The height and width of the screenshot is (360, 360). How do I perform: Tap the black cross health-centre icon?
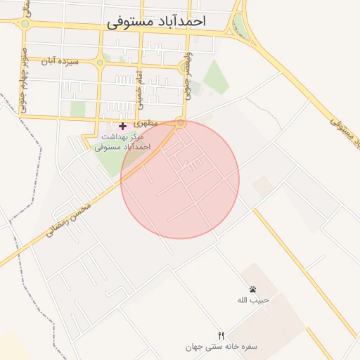(122, 126)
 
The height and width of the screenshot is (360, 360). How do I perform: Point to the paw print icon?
(252, 289)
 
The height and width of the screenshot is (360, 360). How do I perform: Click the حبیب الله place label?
(251, 300)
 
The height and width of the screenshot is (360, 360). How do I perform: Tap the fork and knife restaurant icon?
(221, 335)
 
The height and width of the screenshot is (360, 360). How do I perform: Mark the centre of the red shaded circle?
(180, 179)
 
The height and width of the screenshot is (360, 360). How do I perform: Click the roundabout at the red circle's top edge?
(181, 123)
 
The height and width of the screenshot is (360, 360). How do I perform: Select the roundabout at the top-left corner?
(25, 23)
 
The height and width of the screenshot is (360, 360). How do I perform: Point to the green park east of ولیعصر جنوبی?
(216, 76)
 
